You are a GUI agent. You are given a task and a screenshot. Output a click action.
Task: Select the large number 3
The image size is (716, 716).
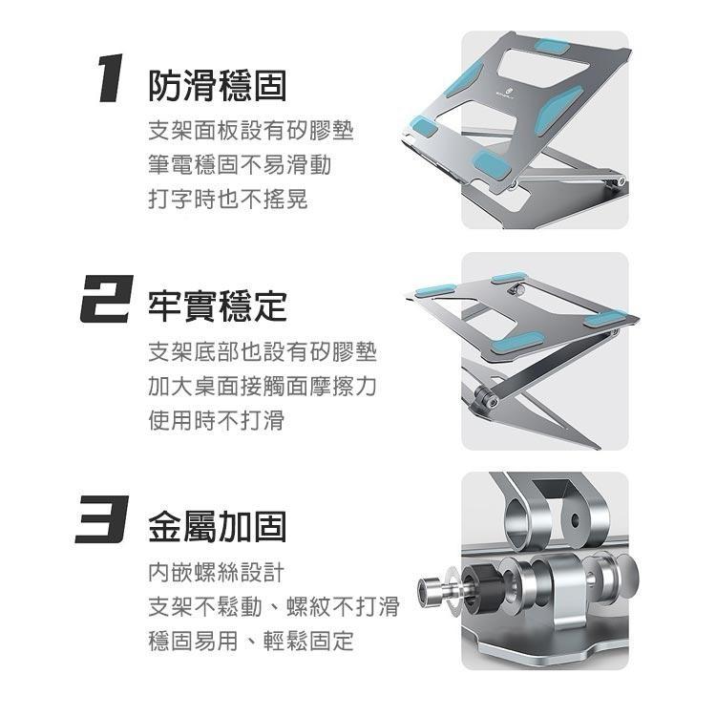click(103, 524)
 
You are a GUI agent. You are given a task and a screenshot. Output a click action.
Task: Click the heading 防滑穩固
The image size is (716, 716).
click(217, 87)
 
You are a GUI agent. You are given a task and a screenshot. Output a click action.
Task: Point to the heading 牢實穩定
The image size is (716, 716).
click(217, 306)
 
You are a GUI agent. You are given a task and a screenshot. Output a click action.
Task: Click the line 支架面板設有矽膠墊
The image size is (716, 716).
click(251, 131)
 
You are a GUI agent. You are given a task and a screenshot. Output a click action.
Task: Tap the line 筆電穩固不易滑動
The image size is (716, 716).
click(240, 165)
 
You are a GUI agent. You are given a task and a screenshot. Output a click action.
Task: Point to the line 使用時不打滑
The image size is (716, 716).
click(217, 420)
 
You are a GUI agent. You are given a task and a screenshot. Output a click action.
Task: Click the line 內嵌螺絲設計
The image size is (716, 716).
click(217, 572)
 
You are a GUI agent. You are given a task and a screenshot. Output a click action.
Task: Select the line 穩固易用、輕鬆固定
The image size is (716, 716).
click(251, 641)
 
